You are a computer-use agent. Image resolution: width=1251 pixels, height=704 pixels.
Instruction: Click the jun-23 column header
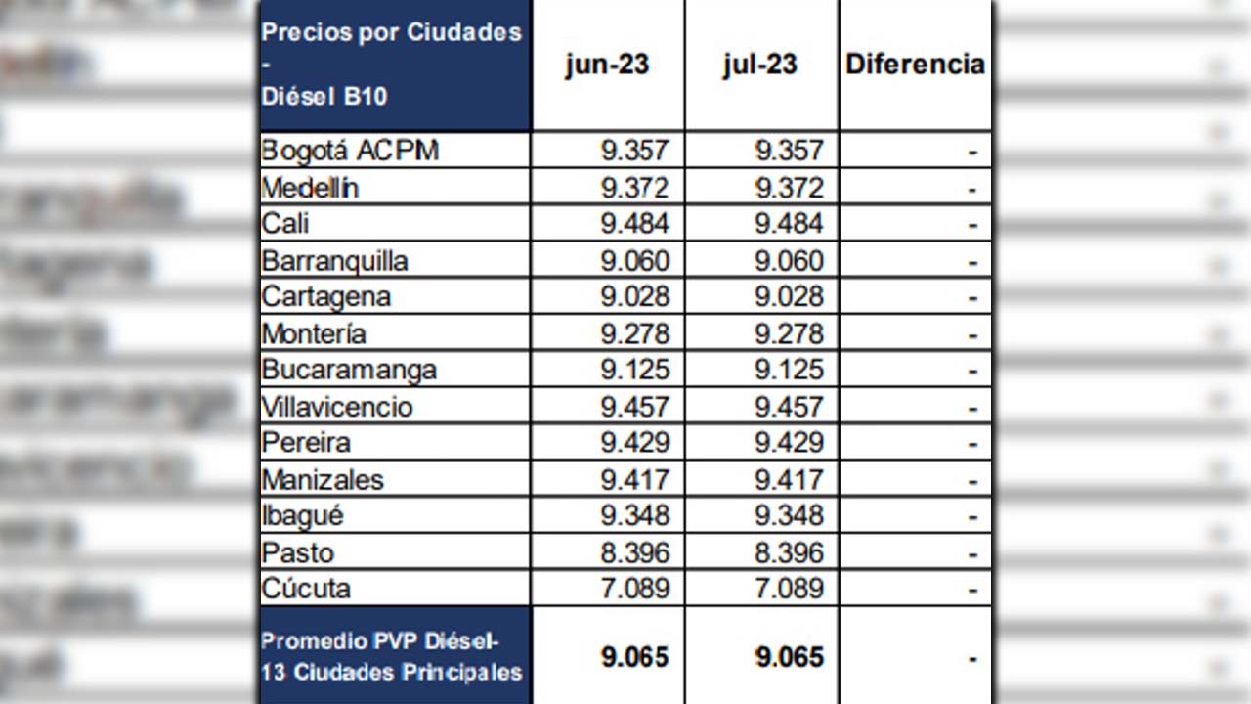[x=607, y=65]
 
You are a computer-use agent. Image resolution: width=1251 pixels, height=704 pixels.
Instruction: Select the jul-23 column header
[x=760, y=65]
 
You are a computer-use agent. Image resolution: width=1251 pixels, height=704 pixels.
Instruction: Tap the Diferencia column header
[x=915, y=65]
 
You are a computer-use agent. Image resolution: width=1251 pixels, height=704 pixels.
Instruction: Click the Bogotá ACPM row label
[x=350, y=151]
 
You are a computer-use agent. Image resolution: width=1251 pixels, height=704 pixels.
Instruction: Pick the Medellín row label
[x=310, y=188]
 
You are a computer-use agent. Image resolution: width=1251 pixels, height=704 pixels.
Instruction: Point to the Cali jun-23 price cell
[x=635, y=224]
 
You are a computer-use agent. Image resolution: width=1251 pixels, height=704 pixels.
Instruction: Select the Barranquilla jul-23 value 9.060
[x=789, y=261]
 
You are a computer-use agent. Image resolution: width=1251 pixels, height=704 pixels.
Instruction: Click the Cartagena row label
[x=326, y=296]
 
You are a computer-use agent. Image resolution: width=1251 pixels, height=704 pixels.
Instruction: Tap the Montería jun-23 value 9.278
[x=635, y=333]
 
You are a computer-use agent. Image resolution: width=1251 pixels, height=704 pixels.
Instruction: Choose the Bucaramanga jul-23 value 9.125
[x=789, y=370]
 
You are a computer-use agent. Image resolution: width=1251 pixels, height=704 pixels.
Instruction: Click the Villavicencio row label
[x=337, y=407]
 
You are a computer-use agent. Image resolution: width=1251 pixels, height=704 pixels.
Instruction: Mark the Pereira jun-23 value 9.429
[x=635, y=443]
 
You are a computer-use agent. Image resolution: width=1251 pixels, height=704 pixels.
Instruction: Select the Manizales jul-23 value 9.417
[x=789, y=480]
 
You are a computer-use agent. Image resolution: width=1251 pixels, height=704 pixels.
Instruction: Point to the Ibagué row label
[x=303, y=515]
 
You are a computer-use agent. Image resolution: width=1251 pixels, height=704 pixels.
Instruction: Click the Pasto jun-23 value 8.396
[x=635, y=552]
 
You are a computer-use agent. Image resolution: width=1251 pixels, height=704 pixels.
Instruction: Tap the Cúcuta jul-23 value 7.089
[x=789, y=589]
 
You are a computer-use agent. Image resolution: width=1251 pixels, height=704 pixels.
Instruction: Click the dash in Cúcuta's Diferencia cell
[x=971, y=590]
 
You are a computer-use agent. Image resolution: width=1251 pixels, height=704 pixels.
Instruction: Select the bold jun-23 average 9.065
[x=635, y=657]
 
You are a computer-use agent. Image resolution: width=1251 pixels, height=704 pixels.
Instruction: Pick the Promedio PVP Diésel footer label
[x=380, y=642]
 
